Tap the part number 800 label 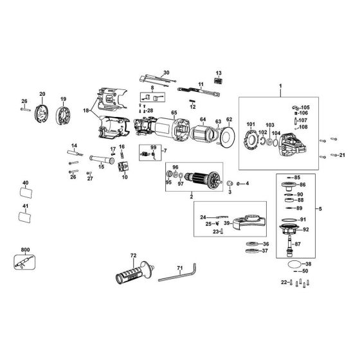click(25, 248)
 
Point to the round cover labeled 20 click(42, 114)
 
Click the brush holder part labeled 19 click(64, 116)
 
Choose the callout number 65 click(174, 113)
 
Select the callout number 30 click(166, 72)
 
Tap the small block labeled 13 click(219, 81)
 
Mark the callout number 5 click(321, 209)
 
